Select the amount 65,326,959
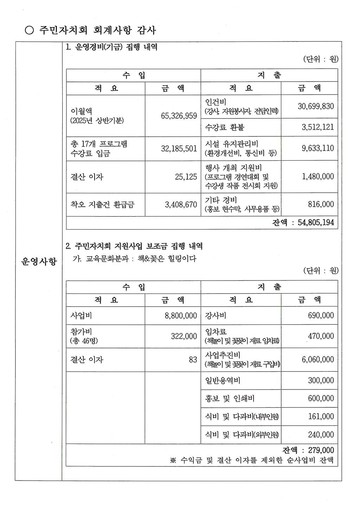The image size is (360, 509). (x=179, y=116)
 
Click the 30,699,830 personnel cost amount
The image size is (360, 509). (x=316, y=106)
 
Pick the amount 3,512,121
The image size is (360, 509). (x=317, y=127)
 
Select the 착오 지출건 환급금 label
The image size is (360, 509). (x=102, y=204)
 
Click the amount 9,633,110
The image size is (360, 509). (x=317, y=148)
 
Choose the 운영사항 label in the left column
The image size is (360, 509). (x=39, y=262)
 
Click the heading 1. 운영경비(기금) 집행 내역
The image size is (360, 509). (x=111, y=47)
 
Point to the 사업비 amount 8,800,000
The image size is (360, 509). (x=181, y=316)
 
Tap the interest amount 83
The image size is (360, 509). (x=193, y=360)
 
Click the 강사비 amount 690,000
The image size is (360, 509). (x=321, y=316)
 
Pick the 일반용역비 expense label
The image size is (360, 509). (x=223, y=380)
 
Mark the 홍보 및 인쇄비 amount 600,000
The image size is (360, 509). (x=321, y=398)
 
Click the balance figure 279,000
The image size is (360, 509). (x=321, y=450)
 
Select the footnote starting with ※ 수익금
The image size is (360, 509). (x=252, y=460)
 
